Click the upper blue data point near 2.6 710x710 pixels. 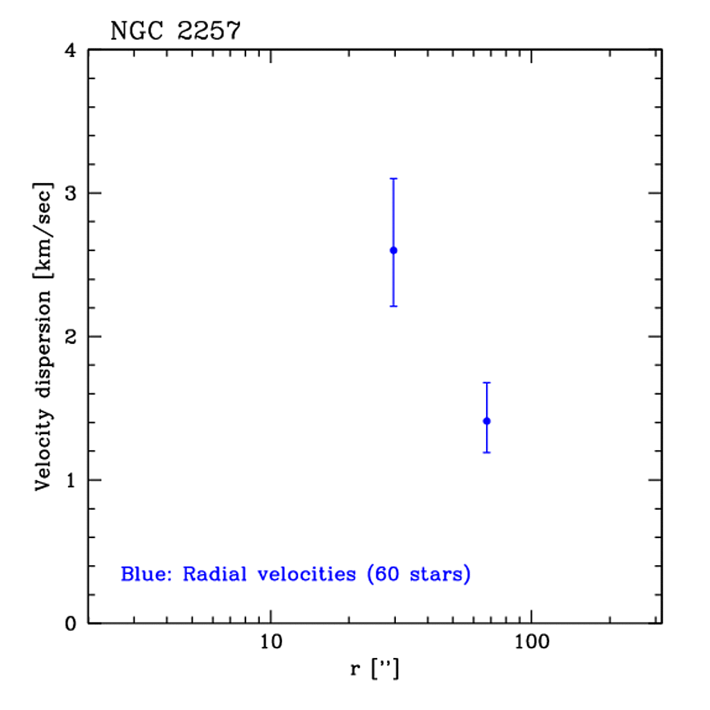pos(393,250)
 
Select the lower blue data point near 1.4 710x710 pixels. pos(487,421)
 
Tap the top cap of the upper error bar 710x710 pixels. pos(393,179)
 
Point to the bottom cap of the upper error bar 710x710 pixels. pos(393,306)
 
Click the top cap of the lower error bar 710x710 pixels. pos(487,383)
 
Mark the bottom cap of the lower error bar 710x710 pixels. pos(487,452)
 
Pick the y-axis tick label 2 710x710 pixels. pos(72,336)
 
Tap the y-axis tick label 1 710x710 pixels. pos(72,480)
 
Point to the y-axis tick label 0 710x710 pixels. pos(72,623)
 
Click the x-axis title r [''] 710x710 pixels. pos(375,670)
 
